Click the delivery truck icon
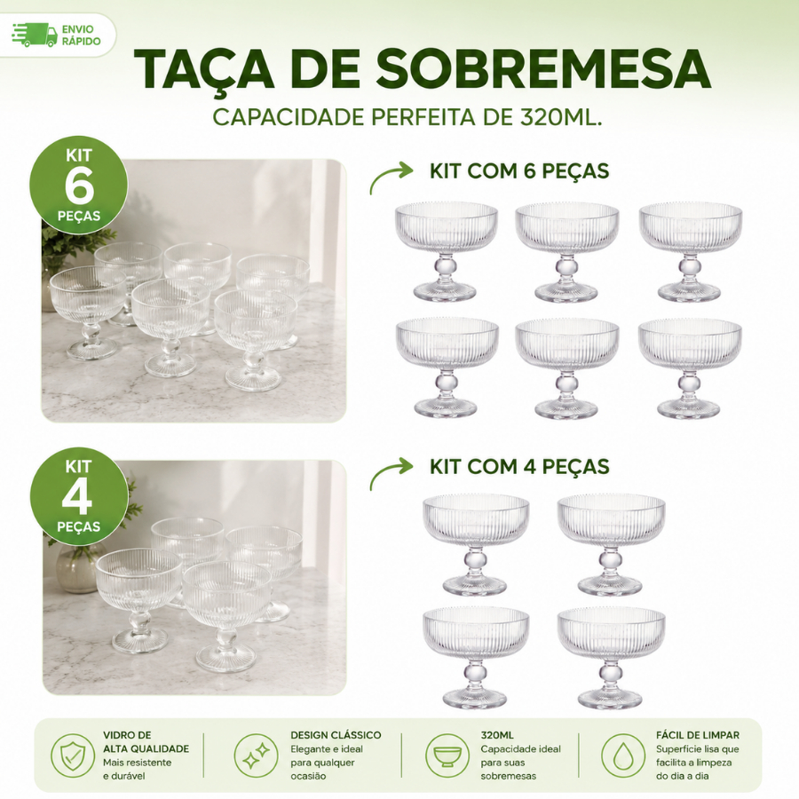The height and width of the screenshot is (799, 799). [x=34, y=36]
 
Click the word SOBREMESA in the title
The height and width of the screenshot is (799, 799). [x=543, y=68]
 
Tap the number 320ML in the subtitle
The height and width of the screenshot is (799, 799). [x=559, y=117]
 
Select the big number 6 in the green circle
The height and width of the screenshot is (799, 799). [x=80, y=186]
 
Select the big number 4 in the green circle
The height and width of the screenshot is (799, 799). [x=77, y=497]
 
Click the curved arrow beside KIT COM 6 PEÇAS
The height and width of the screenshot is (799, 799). [x=391, y=177]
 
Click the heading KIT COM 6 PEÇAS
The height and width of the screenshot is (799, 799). [x=519, y=171]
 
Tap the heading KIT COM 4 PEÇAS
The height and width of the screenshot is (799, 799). [x=519, y=467]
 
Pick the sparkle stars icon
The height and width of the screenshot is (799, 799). [x=256, y=755]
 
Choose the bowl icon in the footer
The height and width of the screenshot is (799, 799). [x=447, y=755]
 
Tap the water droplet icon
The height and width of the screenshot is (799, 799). [x=622, y=755]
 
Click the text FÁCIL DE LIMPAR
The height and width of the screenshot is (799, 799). [x=698, y=735]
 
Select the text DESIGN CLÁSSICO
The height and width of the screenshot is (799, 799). [x=336, y=735]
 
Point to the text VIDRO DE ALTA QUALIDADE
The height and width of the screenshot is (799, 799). [x=146, y=742]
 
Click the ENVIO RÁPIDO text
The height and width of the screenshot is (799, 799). [x=81, y=36]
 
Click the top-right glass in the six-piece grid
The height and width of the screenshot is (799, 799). [x=690, y=252]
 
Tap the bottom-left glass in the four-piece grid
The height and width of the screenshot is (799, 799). [x=476, y=657]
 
